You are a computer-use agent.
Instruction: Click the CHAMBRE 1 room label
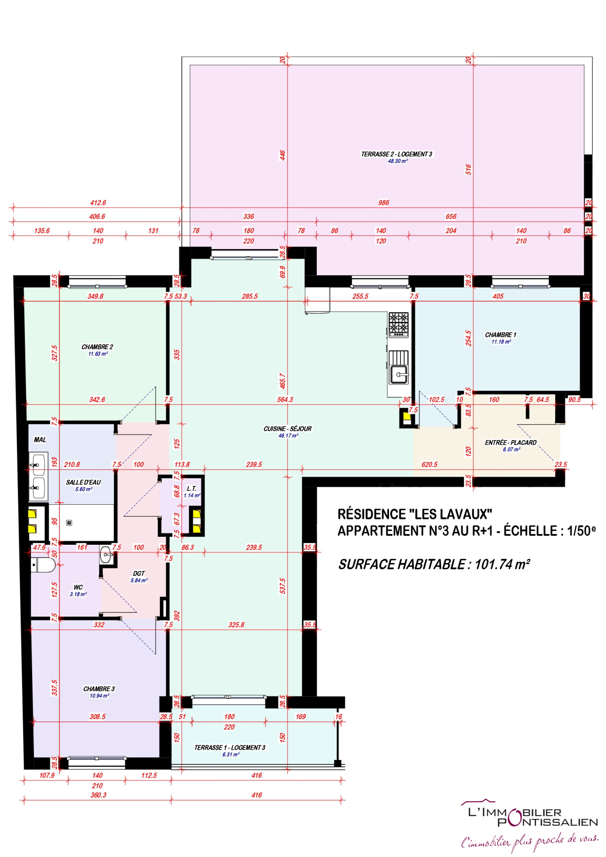(500, 335)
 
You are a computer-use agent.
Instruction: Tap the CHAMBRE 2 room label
(97, 347)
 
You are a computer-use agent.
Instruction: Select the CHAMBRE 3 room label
(99, 689)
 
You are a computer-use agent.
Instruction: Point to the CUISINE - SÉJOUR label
(287, 428)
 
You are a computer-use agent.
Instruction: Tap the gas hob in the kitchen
(398, 324)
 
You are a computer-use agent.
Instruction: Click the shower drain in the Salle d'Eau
(69, 522)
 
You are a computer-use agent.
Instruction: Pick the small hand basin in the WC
(107, 555)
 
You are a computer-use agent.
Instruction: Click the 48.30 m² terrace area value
(397, 161)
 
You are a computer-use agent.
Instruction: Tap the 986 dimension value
(384, 203)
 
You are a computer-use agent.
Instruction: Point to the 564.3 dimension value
(285, 400)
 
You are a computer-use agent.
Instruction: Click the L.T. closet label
(192, 488)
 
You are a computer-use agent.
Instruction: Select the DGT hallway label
(139, 573)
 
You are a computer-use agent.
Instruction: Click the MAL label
(40, 440)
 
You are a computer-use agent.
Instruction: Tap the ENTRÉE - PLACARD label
(511, 442)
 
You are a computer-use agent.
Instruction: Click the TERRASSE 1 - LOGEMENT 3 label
(229, 747)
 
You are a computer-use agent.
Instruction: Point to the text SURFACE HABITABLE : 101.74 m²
(434, 564)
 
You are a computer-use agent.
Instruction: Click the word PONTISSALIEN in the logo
(548, 822)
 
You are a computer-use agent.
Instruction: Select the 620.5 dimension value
(430, 465)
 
